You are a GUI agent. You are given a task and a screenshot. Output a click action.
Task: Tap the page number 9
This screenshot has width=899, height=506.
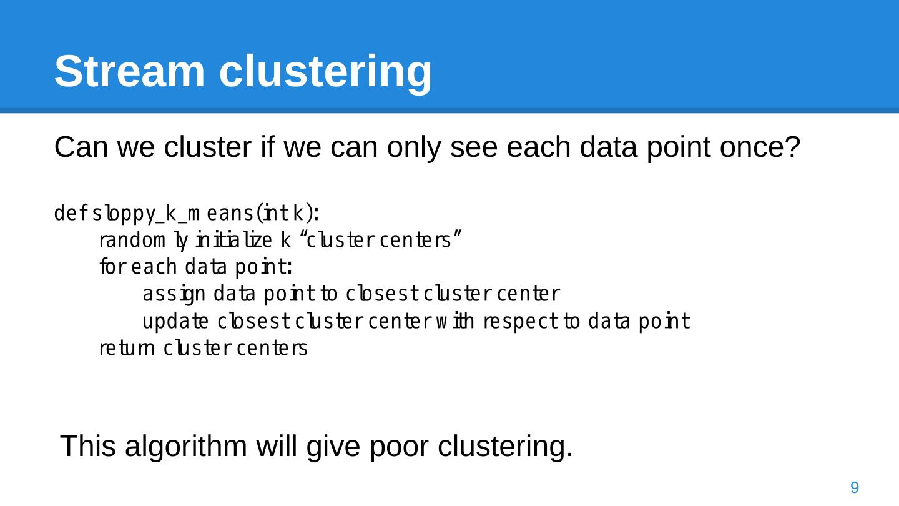pos(855,487)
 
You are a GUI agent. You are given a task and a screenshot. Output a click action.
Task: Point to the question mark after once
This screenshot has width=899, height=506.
pos(793,148)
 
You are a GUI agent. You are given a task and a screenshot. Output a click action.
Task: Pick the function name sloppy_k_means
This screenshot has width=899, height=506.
pos(174,214)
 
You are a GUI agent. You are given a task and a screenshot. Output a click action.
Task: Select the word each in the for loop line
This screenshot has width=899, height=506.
pos(155,267)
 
